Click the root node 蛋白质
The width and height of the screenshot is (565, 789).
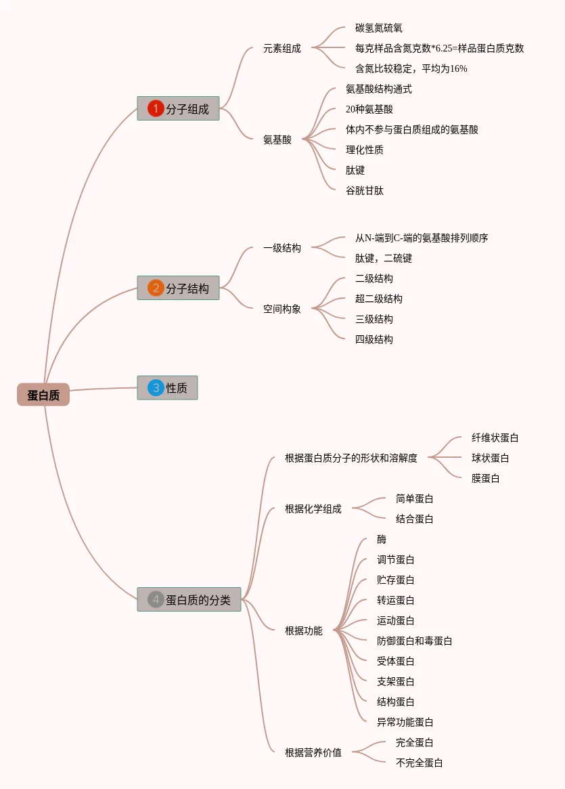pos(43,394)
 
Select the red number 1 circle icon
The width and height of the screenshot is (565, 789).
pos(156,108)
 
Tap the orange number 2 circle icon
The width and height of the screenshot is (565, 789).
pos(156,288)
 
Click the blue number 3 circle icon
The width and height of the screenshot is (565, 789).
pos(156,387)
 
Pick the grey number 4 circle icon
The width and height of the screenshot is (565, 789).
pos(156,599)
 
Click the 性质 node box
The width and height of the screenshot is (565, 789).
pos(167,387)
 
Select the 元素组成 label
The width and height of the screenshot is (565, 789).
pos(282,48)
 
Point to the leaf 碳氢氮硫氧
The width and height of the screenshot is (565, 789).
pos(378,28)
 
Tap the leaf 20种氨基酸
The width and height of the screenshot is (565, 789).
pos(369,109)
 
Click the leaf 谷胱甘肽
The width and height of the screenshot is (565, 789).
pos(365,190)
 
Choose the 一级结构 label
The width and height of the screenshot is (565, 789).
pos(282,248)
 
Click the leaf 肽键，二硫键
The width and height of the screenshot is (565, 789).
pos(384,258)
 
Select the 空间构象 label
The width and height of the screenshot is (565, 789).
pos(282,308)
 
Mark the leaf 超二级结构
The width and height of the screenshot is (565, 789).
pos(378,299)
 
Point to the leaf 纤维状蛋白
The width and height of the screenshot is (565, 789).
pos(495,438)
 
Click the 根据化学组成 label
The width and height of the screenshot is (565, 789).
pos(313,509)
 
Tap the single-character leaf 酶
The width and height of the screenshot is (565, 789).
pos(382,539)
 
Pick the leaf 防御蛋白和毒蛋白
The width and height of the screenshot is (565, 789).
pos(414,641)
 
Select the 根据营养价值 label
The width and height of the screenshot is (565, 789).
pos(313,752)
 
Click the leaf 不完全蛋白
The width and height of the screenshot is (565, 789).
pos(420,763)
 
